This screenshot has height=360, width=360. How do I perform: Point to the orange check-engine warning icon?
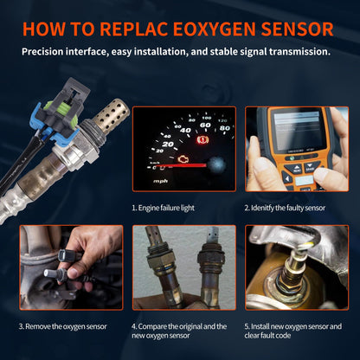[x=171, y=160]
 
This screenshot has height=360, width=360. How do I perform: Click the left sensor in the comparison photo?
[x=159, y=268]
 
